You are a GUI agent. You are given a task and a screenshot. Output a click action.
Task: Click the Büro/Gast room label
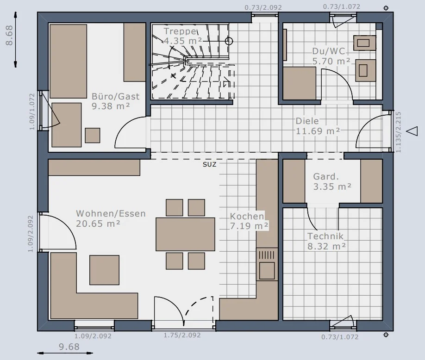click(115, 101)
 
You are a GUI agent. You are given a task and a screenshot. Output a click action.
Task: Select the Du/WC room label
click(331, 56)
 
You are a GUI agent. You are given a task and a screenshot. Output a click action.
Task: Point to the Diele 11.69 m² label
click(318, 126)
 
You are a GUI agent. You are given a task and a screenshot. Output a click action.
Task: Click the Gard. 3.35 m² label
click(332, 181)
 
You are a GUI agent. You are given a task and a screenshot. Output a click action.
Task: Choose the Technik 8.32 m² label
click(326, 241)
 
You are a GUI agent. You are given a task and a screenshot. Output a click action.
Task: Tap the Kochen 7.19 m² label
click(249, 221)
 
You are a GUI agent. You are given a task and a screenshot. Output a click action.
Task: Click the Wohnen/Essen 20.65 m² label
click(111, 218)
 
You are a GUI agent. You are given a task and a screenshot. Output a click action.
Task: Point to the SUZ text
click(210, 164)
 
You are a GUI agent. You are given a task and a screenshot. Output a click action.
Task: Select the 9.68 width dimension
click(69, 347)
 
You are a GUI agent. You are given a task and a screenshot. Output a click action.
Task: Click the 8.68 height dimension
click(9, 35)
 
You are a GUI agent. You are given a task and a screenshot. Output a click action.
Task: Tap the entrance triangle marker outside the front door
click(412, 131)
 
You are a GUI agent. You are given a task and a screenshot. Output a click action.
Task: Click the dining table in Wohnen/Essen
click(185, 234)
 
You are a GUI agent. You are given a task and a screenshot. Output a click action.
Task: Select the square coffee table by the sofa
click(104, 270)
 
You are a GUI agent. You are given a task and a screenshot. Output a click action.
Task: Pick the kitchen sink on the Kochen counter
click(267, 264)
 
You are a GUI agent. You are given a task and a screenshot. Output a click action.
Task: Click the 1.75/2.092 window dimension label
click(182, 335)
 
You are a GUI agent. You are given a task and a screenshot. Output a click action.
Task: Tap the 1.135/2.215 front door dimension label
click(398, 132)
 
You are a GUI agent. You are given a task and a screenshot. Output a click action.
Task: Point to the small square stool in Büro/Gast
click(93, 136)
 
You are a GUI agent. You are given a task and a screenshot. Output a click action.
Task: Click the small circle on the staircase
click(229, 41)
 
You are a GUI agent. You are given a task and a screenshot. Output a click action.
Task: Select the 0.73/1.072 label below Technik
click(340, 337)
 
